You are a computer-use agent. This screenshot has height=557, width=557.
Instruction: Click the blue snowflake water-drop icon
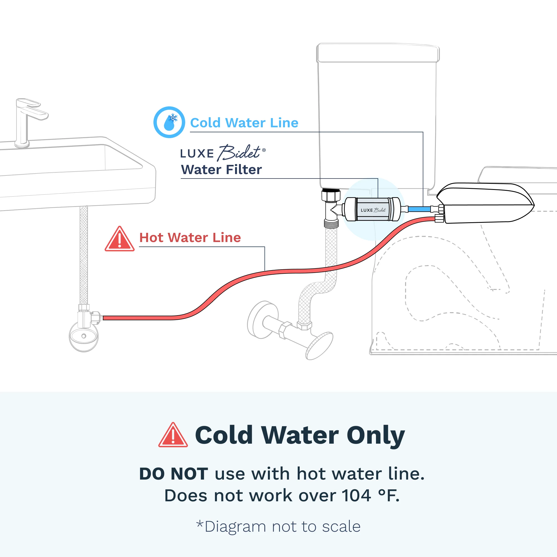[x=169, y=122]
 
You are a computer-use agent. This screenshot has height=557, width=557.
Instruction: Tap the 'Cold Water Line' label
[x=244, y=123]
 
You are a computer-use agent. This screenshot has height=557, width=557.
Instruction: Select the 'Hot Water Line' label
[x=190, y=238]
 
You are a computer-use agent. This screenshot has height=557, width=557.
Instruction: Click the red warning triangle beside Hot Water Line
[x=119, y=239]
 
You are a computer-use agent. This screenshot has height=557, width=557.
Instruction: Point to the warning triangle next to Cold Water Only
[x=173, y=435]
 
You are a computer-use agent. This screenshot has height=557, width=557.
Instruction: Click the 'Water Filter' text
[x=221, y=170]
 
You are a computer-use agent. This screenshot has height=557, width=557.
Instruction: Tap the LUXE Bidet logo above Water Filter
[x=223, y=153]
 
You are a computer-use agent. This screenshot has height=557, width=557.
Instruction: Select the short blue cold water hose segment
[x=419, y=209]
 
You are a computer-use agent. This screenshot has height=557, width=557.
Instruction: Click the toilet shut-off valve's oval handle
[x=319, y=346]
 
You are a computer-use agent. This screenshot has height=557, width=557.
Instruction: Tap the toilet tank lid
[x=378, y=53]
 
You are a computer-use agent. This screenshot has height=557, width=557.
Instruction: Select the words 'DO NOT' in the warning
[x=174, y=474]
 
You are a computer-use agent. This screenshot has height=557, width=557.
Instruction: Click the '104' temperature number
[x=356, y=496]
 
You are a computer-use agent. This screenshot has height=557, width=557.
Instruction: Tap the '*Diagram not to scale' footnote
[x=278, y=526]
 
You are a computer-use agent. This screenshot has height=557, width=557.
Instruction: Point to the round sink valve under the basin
[x=84, y=336]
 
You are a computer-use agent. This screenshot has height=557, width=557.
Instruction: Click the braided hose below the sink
[x=84, y=255]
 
